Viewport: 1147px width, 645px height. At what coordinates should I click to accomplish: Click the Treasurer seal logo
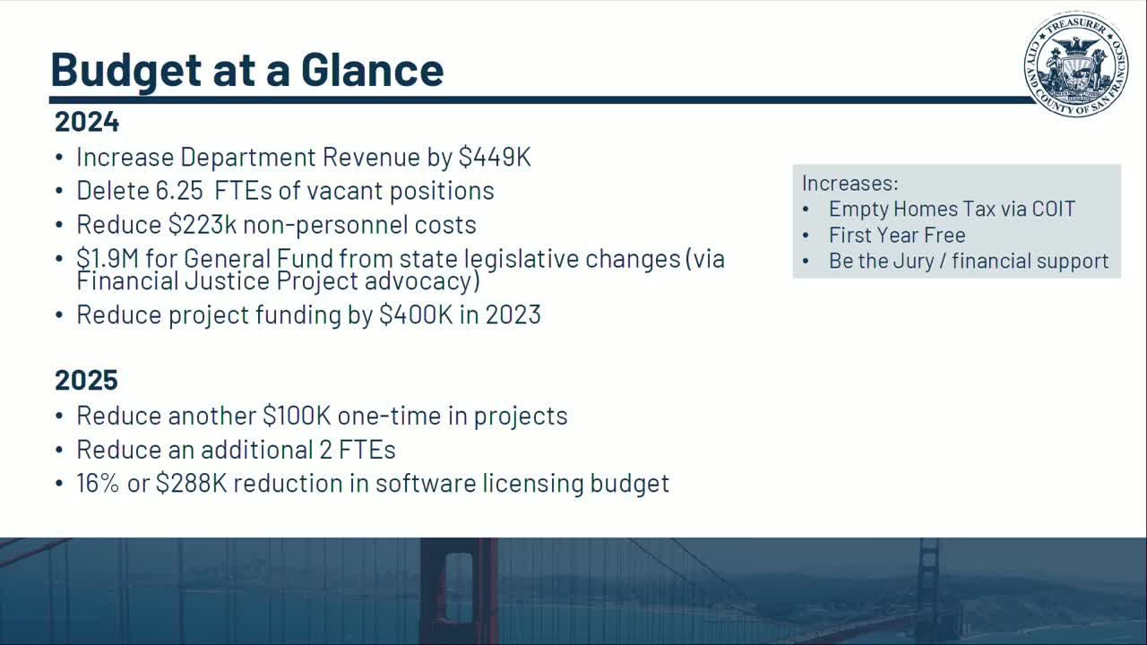pos(1075,64)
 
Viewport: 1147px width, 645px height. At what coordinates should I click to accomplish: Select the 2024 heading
pos(87,121)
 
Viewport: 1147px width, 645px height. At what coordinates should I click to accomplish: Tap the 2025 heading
pos(87,380)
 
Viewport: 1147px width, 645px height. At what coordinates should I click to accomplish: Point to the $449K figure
pos(495,157)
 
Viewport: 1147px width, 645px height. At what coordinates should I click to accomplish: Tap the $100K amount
pos(297,416)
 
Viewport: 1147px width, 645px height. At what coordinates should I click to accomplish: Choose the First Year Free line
pos(897,236)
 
